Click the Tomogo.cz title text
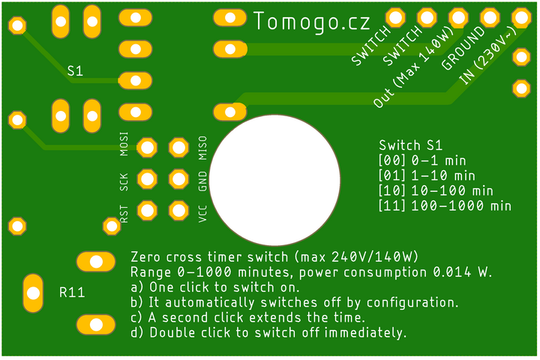coord(312,22)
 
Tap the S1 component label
coord(75,71)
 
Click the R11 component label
coord(72,292)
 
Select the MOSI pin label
coord(124,144)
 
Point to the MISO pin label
coord(202,148)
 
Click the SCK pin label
coord(124,182)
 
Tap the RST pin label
coord(124,214)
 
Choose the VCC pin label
coord(202,214)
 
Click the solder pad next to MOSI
coord(148,148)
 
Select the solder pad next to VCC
coord(178,211)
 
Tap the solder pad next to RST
coord(148,211)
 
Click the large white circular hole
coord(274,180)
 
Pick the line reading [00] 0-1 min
coord(422,160)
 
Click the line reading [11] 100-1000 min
coord(445,206)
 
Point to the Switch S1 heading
coord(410,145)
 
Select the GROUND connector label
coord(463,48)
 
